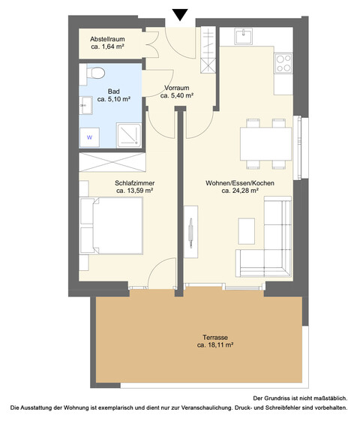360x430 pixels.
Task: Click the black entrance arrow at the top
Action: pos(180,14)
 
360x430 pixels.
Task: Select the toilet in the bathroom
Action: pos(94,74)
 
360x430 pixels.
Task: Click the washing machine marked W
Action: pos(90,137)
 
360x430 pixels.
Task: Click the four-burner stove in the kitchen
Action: pos(283,63)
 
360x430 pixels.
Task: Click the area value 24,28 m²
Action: pos(240,191)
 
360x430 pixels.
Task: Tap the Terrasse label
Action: pos(215,337)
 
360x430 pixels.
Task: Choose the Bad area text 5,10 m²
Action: pos(114,99)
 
